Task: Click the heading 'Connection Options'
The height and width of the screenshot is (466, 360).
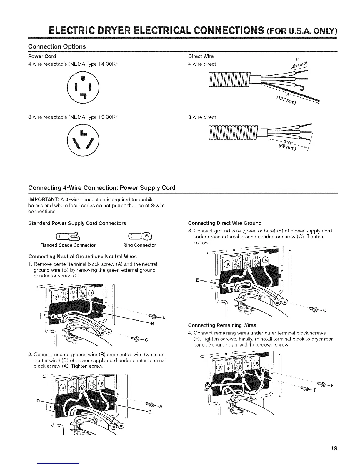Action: [x=57, y=46]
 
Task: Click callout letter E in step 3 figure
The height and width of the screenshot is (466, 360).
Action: [x=197, y=280]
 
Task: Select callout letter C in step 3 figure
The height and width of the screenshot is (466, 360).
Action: [x=324, y=311]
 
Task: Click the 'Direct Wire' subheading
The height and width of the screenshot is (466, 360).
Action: [x=201, y=56]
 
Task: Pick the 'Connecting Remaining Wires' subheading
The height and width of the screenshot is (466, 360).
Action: [x=222, y=325]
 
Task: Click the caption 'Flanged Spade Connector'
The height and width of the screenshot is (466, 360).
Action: [x=68, y=245]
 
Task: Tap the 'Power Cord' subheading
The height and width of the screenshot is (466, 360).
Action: [x=42, y=56]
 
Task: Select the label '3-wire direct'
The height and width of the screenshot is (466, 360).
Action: [x=202, y=117]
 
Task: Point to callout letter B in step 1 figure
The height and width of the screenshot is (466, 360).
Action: [x=153, y=324]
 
